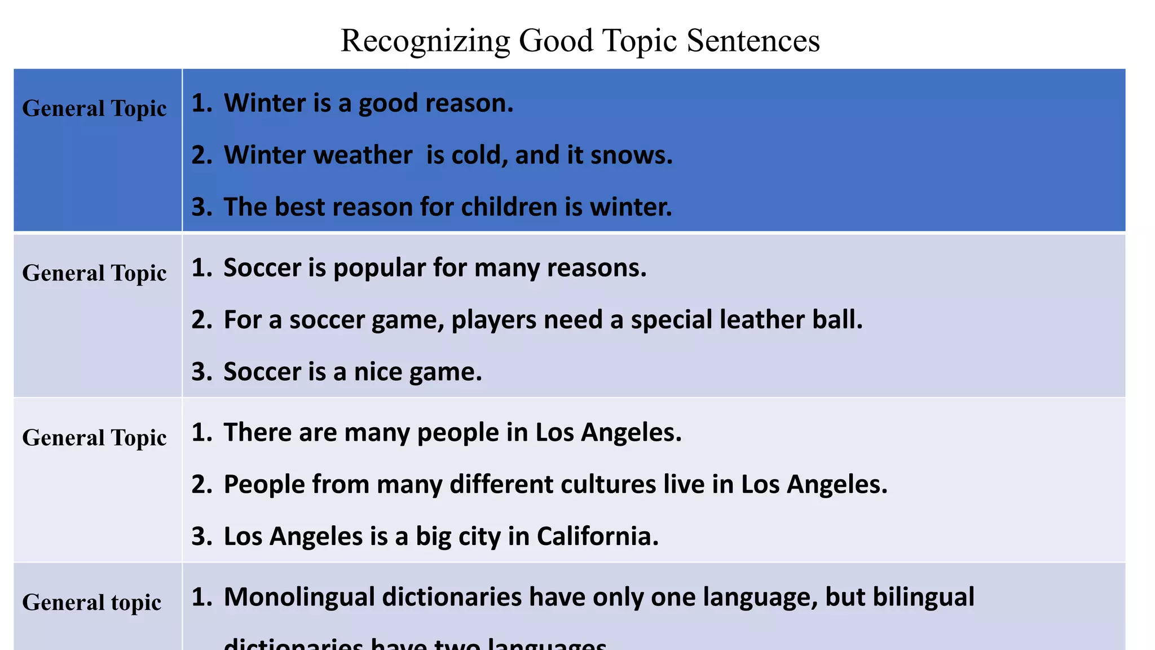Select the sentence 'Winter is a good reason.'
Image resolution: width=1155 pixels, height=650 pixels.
tap(368, 103)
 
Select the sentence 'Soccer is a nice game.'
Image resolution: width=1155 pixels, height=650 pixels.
tap(352, 372)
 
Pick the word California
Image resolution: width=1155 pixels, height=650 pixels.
tap(597, 537)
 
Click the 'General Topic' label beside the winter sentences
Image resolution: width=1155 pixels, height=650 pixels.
tap(94, 109)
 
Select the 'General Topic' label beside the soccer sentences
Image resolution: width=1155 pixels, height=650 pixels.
tap(94, 274)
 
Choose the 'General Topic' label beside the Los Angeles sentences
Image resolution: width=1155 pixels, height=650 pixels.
tap(94, 438)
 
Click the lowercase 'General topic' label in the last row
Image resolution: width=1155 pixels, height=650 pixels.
tap(91, 603)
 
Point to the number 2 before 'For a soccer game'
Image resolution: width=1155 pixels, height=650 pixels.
tap(201, 320)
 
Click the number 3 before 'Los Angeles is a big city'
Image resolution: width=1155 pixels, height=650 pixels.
tap(201, 537)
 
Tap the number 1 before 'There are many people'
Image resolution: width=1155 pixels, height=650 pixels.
tap(201, 433)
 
